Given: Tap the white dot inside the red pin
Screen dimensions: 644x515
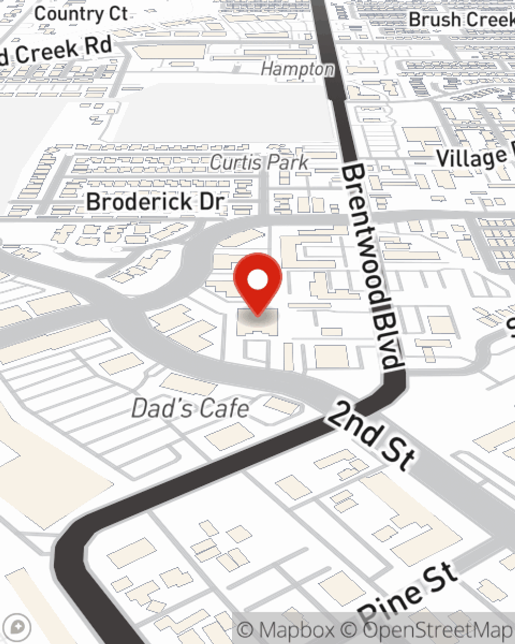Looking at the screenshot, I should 257,280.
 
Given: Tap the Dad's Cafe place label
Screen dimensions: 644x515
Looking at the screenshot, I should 191,409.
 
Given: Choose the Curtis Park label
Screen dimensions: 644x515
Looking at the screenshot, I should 259,162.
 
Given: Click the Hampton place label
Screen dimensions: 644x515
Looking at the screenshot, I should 297,69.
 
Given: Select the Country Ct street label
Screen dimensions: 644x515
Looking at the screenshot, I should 81,14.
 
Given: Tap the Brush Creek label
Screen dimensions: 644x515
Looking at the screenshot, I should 461,20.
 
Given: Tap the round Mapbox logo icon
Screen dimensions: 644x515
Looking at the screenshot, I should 19,627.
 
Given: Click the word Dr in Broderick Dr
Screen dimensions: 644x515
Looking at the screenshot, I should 211,201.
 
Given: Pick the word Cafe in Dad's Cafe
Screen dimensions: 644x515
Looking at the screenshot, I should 224,409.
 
